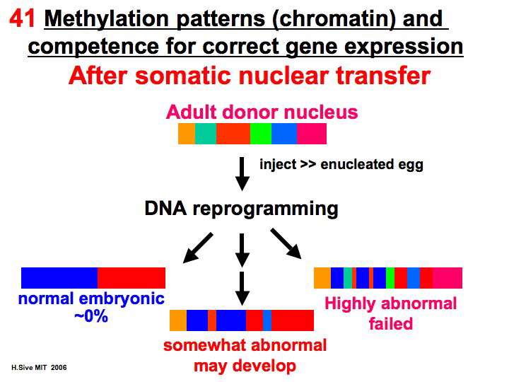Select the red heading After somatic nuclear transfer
(250, 74)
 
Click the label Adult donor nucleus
(262, 112)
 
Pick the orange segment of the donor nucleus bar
(187, 134)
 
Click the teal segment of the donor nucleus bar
(205, 134)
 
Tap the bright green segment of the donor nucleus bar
(261, 134)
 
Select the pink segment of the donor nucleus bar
(311, 134)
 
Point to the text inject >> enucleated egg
(341, 165)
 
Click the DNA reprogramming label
(241, 209)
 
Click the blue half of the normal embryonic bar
(59, 278)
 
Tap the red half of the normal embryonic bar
(131, 278)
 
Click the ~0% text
(91, 316)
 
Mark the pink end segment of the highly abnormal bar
(447, 278)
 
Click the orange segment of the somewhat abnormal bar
(178, 320)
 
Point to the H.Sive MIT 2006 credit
(39, 369)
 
